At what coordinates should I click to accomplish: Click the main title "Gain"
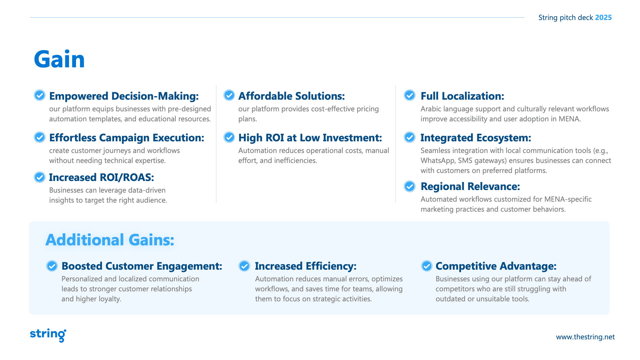[x=59, y=59]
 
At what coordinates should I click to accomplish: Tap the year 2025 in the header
[x=603, y=17]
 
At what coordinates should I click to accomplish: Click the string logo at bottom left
[x=48, y=335]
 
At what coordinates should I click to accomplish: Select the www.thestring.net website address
[x=585, y=337]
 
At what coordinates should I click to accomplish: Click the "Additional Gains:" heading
[x=110, y=240]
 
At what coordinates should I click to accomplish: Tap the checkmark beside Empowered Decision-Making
[x=40, y=95]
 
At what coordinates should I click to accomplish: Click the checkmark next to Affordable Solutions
[x=229, y=95]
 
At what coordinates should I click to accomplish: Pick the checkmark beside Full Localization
[x=410, y=95]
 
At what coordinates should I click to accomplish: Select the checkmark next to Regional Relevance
[x=410, y=186]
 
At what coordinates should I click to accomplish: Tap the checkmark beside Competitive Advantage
[x=427, y=266]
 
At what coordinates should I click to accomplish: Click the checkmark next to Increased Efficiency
[x=244, y=266]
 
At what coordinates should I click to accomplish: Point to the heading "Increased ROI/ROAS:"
[x=102, y=177]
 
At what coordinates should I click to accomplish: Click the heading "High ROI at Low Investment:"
[x=310, y=138]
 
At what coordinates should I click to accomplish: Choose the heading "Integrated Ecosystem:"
[x=476, y=138]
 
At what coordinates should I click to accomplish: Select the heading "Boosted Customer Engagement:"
[x=142, y=266]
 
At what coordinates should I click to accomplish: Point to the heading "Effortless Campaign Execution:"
[x=127, y=138]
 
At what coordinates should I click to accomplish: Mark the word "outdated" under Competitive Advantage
[x=451, y=299]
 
